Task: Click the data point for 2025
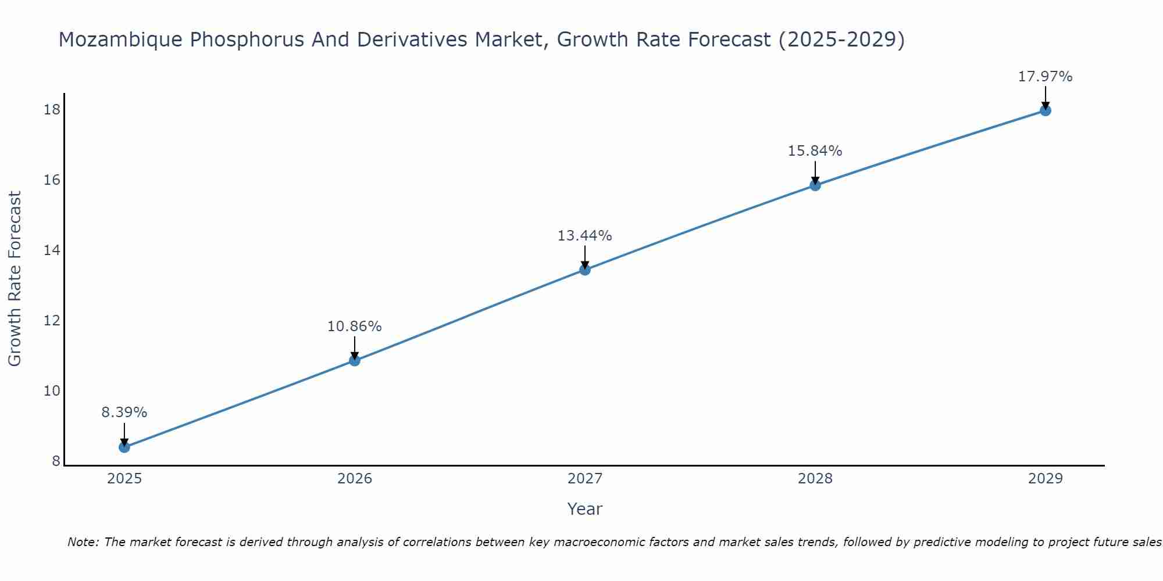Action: tap(124, 447)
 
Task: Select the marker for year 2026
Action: tap(354, 360)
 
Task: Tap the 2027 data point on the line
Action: tap(585, 270)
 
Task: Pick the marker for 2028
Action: tap(815, 185)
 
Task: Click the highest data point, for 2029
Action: tap(1045, 110)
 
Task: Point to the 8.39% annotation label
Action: tap(124, 413)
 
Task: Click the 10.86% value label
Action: tap(354, 327)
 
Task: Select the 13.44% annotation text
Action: tap(584, 236)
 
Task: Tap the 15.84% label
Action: tap(815, 151)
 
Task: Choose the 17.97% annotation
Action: tap(1045, 77)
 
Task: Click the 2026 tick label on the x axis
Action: tap(355, 479)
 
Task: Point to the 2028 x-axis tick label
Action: tap(815, 479)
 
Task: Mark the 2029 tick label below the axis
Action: tap(1045, 479)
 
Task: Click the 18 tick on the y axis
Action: tap(52, 109)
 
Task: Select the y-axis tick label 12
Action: tap(52, 320)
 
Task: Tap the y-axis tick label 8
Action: tap(56, 461)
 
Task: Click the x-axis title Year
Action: tap(584, 509)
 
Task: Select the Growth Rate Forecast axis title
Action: tap(15, 279)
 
